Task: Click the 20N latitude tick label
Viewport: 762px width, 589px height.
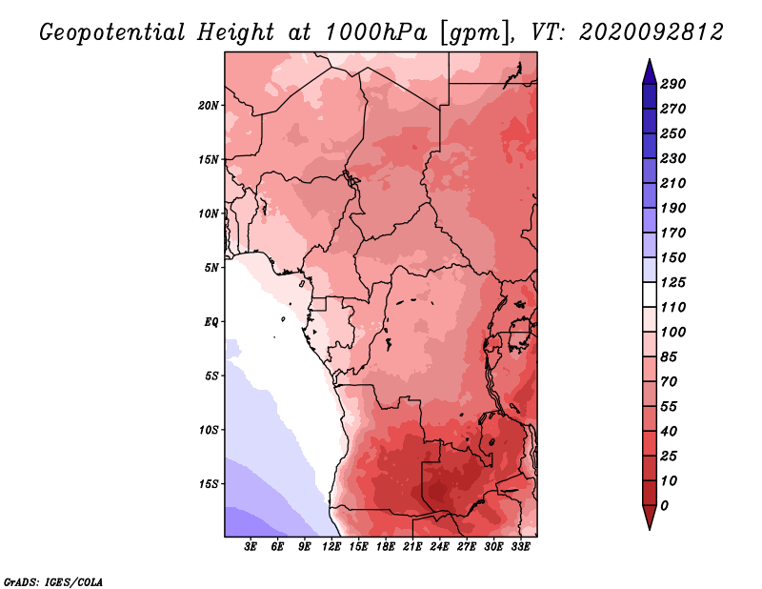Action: point(208,106)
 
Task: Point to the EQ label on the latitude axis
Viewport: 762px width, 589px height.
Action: point(211,322)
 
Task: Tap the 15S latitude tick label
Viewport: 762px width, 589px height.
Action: point(208,484)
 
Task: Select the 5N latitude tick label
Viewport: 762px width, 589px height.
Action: point(211,268)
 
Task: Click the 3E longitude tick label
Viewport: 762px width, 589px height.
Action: point(251,547)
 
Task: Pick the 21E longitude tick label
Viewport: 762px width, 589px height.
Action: point(412,547)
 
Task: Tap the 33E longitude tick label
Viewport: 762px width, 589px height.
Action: point(520,547)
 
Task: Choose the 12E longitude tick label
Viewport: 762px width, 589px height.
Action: point(331,547)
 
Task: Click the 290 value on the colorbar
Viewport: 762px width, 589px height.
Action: point(673,84)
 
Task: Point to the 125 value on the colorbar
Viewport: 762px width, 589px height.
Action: point(673,282)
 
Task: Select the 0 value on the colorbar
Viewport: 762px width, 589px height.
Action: point(664,506)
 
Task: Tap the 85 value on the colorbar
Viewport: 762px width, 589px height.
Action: point(669,357)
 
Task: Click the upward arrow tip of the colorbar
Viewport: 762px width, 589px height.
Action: point(650,59)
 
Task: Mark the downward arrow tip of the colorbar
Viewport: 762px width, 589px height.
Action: point(650,529)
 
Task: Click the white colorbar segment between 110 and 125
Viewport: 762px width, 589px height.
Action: point(650,294)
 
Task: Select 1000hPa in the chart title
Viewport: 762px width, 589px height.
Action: point(375,32)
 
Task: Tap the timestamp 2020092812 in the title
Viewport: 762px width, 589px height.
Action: point(652,32)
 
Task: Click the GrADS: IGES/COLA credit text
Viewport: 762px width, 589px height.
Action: point(53,582)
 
